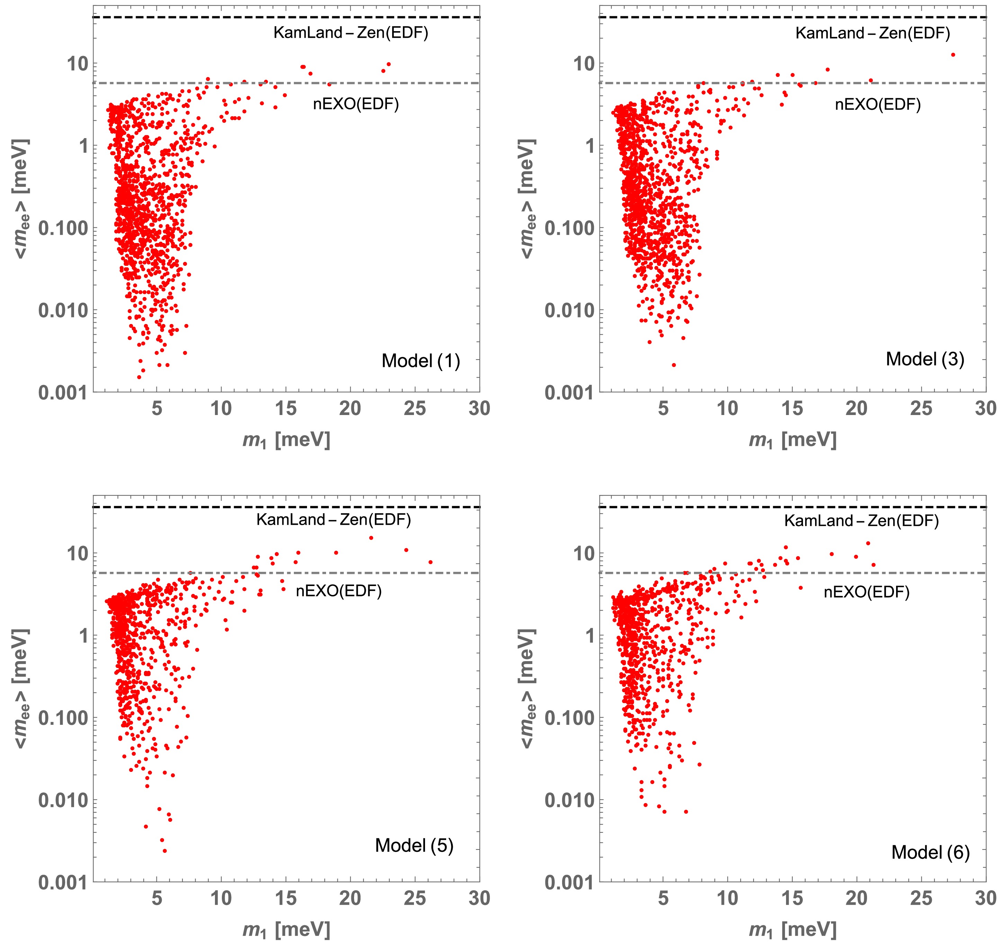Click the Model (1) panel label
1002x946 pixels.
tap(421, 361)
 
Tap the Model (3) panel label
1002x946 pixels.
tap(925, 359)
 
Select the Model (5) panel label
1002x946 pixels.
tap(414, 846)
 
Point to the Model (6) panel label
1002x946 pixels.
tap(930, 852)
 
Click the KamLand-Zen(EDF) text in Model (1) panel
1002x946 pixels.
tap(351, 33)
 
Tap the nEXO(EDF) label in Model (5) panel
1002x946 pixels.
tap(338, 591)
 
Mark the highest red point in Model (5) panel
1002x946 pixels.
tap(371, 538)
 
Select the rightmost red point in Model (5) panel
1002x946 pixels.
tap(430, 562)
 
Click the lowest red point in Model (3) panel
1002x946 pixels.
tap(674, 365)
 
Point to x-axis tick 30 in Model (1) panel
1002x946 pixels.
tap(479, 408)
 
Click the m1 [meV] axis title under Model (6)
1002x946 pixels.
tap(792, 930)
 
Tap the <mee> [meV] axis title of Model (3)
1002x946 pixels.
tap(527, 199)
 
